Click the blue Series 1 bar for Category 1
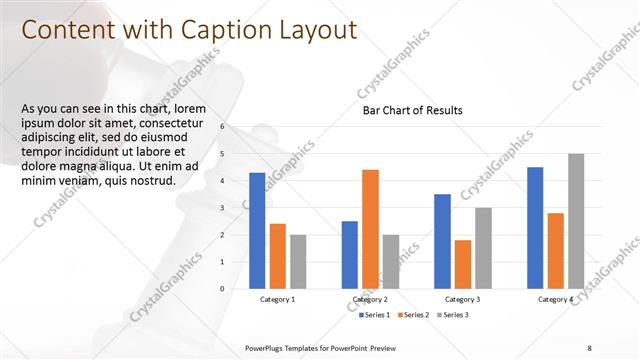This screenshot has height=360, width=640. [x=257, y=230]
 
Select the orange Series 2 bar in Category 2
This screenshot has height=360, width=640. [x=370, y=229]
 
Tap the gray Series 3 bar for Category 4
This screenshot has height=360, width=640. [x=576, y=221]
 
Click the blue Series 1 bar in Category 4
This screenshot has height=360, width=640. [x=535, y=227]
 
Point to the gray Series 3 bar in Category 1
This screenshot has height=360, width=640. [x=298, y=261]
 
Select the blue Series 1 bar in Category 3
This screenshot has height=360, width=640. [x=442, y=241]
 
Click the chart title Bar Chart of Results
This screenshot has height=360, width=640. [x=412, y=111]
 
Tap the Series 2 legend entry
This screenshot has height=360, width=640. [x=414, y=315]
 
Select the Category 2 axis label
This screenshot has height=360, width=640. [x=370, y=300]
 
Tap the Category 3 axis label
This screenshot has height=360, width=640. [x=462, y=300]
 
